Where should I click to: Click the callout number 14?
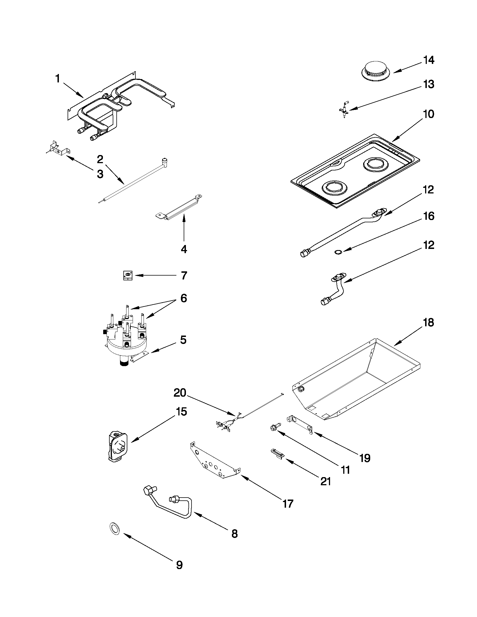pyautogui.click(x=429, y=60)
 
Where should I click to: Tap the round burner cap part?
pyautogui.click(x=375, y=71)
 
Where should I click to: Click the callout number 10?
pyautogui.click(x=429, y=114)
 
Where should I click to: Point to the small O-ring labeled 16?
pyautogui.click(x=338, y=251)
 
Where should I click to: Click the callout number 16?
pyautogui.click(x=429, y=216)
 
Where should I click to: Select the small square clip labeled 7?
pyautogui.click(x=128, y=275)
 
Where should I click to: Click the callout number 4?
pyautogui.click(x=184, y=249)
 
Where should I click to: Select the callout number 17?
pyautogui.click(x=288, y=504)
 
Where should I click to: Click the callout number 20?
pyautogui.click(x=180, y=393)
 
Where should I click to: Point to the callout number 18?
pyautogui.click(x=429, y=322)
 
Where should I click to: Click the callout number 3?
pyautogui.click(x=100, y=174)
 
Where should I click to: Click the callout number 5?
pyautogui.click(x=183, y=340)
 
